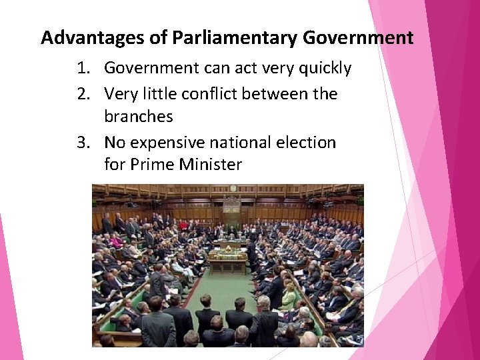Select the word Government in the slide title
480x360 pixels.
(358, 37)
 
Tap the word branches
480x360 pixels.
(139, 117)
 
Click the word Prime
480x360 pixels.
(152, 165)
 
